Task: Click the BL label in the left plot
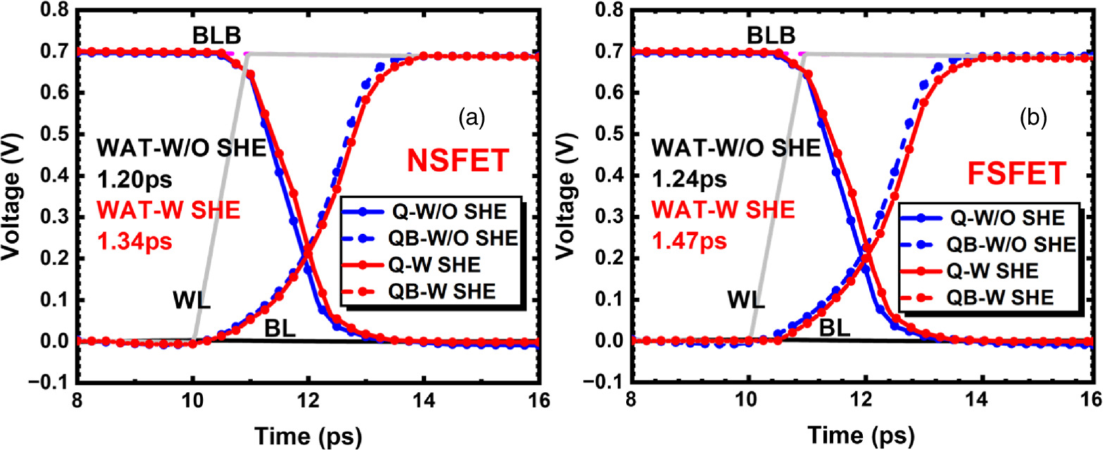[x=280, y=327]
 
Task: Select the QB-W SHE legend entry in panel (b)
[x=986, y=298]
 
